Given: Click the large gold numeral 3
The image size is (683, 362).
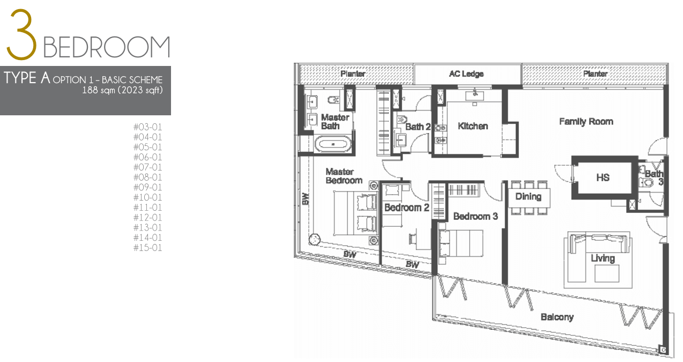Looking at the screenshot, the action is (x=22, y=34).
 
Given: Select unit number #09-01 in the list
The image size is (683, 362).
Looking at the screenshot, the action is (x=147, y=187).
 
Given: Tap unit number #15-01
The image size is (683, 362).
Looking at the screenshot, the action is (x=147, y=248).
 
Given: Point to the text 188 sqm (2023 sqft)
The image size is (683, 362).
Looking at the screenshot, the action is (x=122, y=90).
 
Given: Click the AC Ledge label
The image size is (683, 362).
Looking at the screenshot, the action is (x=466, y=74).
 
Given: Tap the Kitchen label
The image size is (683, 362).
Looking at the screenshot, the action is (x=473, y=126).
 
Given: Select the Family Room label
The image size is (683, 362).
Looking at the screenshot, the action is (x=586, y=121).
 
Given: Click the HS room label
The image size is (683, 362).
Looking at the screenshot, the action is (x=603, y=178).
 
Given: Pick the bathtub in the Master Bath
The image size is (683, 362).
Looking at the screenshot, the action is (x=333, y=144).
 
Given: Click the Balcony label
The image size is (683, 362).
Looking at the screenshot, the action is (x=557, y=317).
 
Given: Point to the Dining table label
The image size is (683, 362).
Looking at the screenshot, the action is (x=529, y=196).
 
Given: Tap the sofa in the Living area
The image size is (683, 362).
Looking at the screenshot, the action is (x=600, y=243).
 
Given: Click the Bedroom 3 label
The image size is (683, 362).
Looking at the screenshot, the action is (x=476, y=216).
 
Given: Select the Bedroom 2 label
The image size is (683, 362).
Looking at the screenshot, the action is (x=406, y=208).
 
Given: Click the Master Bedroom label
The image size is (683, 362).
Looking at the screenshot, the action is (x=344, y=176).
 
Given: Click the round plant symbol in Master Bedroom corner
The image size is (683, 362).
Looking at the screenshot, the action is (x=314, y=239).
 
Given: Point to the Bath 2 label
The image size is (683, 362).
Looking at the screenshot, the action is (x=418, y=127).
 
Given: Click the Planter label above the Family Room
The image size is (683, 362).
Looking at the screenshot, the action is (x=595, y=74).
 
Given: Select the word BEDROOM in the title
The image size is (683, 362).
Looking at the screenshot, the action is (x=106, y=47).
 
